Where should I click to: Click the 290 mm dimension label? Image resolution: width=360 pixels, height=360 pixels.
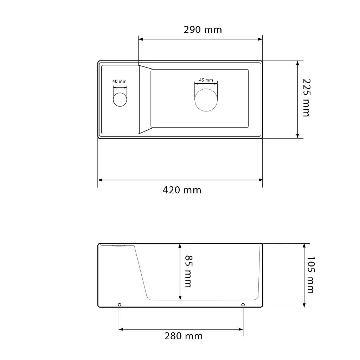[x=203, y=30]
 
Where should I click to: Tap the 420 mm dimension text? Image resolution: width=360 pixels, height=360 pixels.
[x=182, y=190]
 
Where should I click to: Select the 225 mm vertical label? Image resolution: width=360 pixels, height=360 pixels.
[x=307, y=98]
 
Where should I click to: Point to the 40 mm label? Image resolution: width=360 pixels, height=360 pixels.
[x=120, y=81]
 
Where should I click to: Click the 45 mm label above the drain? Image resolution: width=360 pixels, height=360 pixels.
[x=206, y=80]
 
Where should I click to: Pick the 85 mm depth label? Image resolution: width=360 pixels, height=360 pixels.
[x=189, y=271]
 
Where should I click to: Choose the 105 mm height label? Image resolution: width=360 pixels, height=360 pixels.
[x=310, y=275]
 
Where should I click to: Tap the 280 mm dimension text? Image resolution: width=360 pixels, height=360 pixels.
[x=184, y=336]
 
